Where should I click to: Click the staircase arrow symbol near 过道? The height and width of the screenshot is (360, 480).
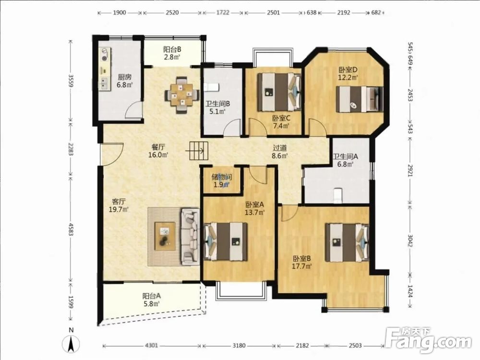pos(198,151)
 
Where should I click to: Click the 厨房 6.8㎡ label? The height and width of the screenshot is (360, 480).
pos(124,81)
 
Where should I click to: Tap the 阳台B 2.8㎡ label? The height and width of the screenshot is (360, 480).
pos(172,52)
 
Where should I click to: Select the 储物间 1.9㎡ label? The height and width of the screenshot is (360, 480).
pos(221,180)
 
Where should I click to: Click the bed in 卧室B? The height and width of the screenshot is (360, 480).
pos(347,242)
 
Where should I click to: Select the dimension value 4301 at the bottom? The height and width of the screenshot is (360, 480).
pos(152,346)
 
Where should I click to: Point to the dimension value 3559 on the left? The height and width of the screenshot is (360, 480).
pos(71,81)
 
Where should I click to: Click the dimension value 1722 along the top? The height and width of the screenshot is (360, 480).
pos(223,13)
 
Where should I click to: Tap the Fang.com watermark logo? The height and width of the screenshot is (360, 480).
pos(429,340)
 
